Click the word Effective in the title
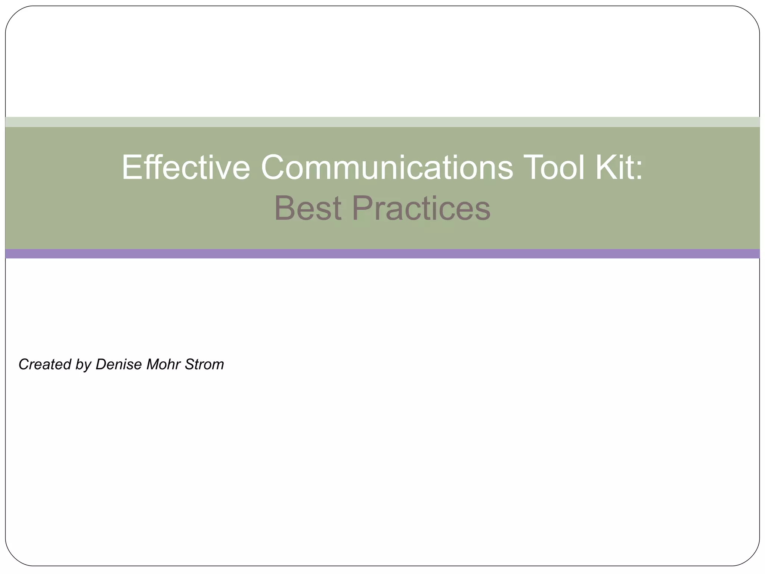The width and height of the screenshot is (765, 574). click(186, 167)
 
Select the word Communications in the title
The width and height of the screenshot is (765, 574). click(387, 167)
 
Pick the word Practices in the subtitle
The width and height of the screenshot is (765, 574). click(421, 208)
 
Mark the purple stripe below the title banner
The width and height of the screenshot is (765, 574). click(382, 254)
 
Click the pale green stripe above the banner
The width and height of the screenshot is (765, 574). click(382, 122)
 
